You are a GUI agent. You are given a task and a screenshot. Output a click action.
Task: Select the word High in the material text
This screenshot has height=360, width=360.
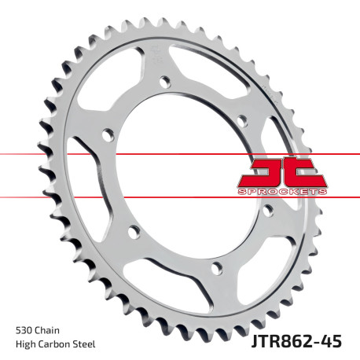26,344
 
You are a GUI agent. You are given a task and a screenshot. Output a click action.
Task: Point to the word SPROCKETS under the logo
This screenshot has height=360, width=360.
278,191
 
